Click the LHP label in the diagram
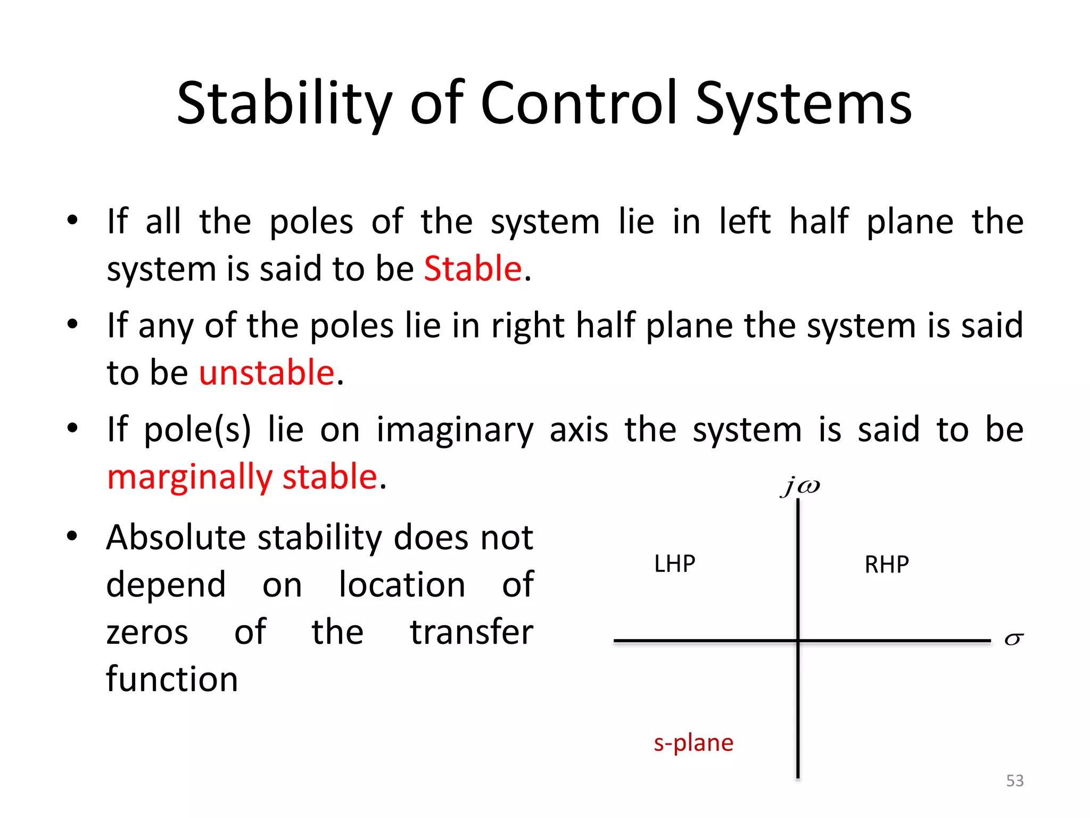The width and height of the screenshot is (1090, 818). (x=674, y=564)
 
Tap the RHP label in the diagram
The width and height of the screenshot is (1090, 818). (x=886, y=565)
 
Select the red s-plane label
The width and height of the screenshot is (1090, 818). (x=693, y=743)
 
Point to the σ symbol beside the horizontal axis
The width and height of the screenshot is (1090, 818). (x=1013, y=640)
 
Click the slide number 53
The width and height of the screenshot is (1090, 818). (x=1014, y=781)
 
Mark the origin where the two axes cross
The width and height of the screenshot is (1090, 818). (x=798, y=641)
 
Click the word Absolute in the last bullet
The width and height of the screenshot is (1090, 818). (x=176, y=537)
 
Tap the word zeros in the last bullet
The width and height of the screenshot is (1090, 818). (x=147, y=633)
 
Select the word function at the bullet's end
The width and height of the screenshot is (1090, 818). (x=171, y=680)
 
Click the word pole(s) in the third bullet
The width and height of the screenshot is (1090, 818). (x=197, y=430)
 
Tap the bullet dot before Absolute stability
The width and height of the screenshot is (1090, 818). (x=72, y=536)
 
